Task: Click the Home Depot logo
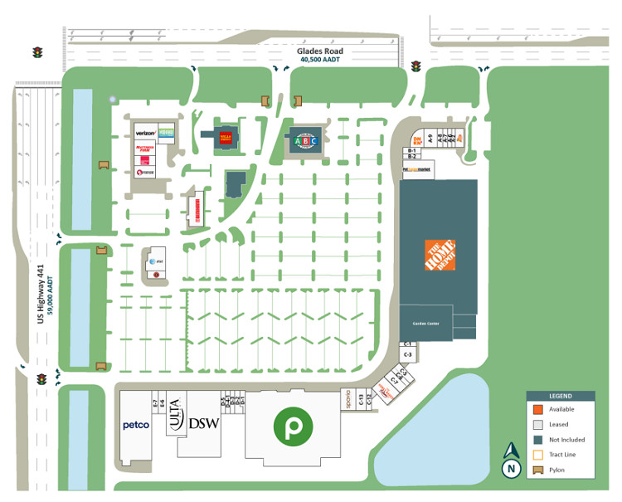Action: pos(440,255)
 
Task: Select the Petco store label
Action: pos(136,426)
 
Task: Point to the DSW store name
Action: pos(203,423)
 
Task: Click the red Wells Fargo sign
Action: pos(225,138)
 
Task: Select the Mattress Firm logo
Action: pos(145,149)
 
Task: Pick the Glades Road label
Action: pos(320,51)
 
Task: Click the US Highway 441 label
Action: pos(40,294)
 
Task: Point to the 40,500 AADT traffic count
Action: pos(320,60)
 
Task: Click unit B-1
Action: pos(411,150)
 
